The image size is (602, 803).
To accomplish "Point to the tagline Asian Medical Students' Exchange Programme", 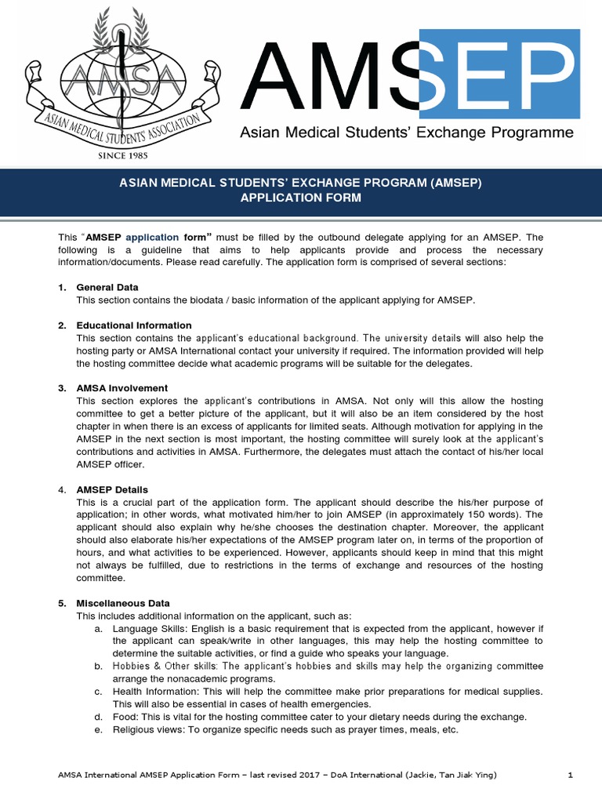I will [x=406, y=133].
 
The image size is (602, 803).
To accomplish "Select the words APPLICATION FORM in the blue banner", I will [x=301, y=198].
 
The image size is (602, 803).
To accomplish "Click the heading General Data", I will [x=107, y=288].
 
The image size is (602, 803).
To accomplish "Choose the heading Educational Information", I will [x=134, y=325].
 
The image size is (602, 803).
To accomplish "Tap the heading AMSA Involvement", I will [x=122, y=388].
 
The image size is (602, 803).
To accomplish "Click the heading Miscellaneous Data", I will [x=123, y=603].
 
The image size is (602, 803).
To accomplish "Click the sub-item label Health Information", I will [x=154, y=692].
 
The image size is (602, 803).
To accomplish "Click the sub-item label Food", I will [x=125, y=717].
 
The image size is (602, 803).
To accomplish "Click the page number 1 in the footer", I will [x=570, y=776].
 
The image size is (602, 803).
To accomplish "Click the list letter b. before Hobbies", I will [x=99, y=666].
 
